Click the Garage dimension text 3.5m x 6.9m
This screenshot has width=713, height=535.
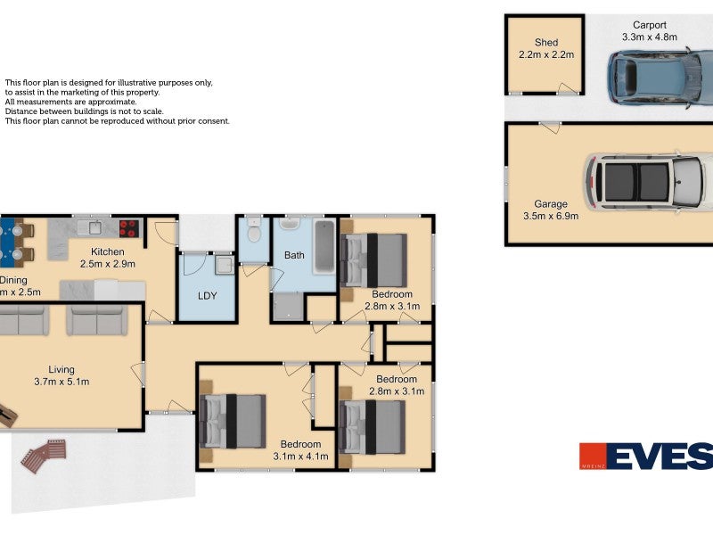click(x=550, y=216)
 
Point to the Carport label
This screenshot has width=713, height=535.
click(x=650, y=25)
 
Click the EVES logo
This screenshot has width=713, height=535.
click(x=646, y=456)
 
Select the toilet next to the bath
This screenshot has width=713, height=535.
click(x=254, y=233)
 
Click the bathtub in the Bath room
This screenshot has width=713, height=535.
click(x=324, y=248)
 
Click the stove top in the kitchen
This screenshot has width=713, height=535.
click(x=128, y=228)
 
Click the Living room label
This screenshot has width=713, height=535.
click(x=61, y=369)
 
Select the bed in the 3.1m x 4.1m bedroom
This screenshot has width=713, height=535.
click(x=234, y=421)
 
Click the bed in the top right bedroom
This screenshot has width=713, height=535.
click(x=374, y=259)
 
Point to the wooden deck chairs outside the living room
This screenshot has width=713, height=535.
click(x=44, y=455)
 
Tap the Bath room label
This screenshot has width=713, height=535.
click(x=294, y=255)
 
